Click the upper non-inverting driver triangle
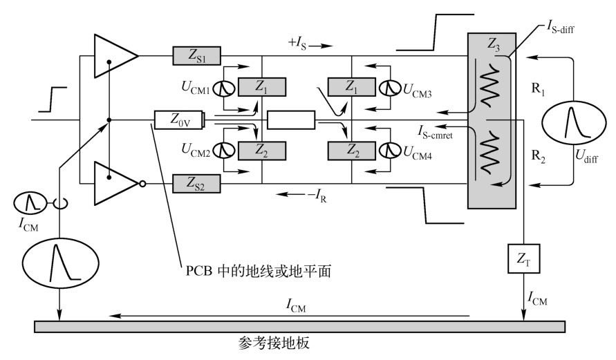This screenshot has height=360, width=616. (114, 55)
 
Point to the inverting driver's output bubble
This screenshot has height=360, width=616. (141, 184)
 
